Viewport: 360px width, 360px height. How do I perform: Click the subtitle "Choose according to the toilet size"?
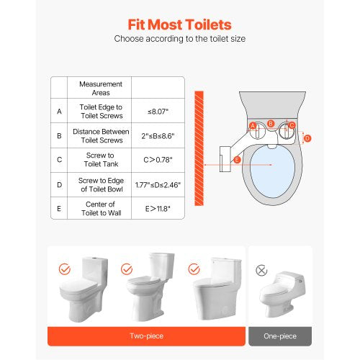180,39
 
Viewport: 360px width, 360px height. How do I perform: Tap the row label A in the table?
59,112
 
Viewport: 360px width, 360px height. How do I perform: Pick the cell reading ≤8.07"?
158,112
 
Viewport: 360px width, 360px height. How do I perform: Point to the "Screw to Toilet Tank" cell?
101,160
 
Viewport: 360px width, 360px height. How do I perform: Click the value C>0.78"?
158,160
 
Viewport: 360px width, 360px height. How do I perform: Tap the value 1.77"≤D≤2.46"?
158,184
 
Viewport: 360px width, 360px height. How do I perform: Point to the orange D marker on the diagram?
307,138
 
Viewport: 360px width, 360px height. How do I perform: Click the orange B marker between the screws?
271,123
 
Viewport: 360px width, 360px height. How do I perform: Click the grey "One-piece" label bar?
280,336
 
